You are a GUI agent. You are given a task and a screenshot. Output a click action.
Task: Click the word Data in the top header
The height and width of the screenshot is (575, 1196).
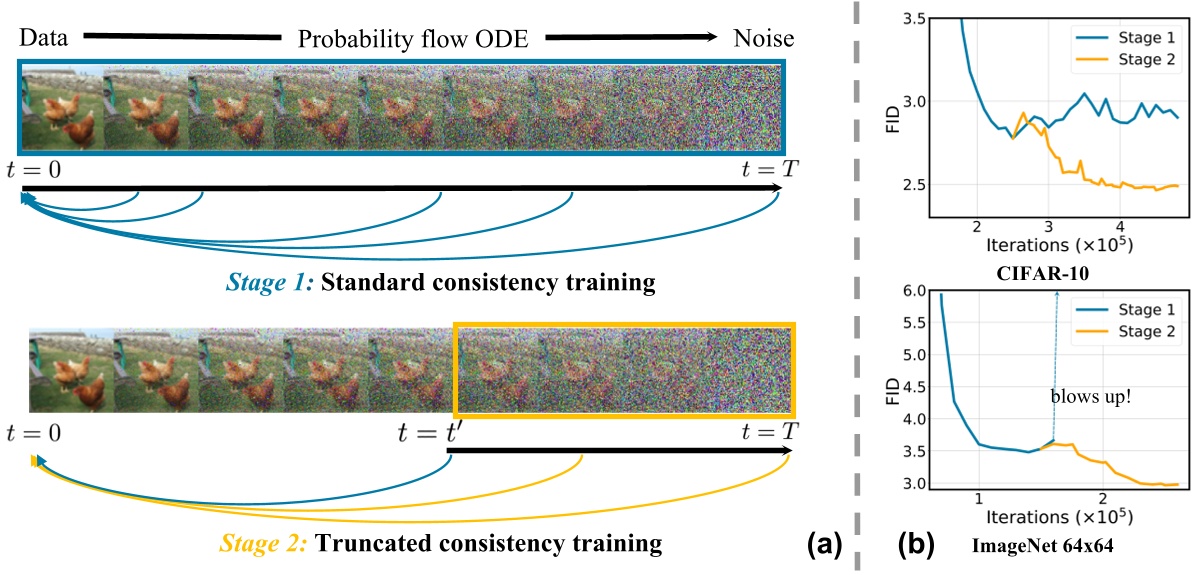click(42, 38)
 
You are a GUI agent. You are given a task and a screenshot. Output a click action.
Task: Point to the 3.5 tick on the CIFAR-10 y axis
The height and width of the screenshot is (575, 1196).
click(910, 19)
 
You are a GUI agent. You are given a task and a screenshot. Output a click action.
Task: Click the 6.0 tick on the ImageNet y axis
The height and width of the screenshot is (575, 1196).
click(910, 292)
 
